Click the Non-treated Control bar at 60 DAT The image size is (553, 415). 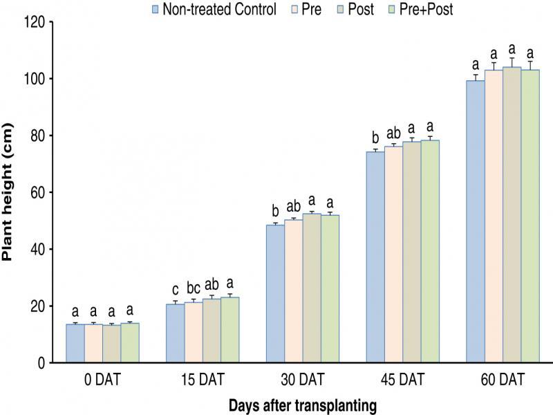(475, 221)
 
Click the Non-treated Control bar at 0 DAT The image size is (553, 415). (75, 343)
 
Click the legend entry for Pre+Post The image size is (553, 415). (423, 9)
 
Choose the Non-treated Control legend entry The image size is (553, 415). (214, 9)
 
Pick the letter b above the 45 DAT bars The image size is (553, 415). (375, 137)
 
